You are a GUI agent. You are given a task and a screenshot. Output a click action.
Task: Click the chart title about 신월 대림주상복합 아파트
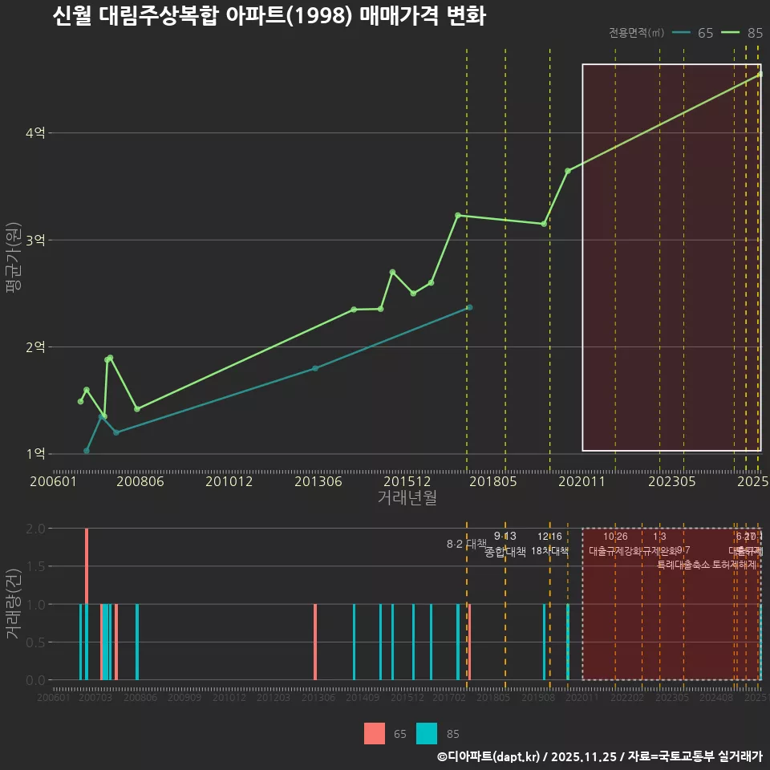[269, 16]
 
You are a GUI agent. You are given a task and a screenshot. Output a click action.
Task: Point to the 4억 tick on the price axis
[35, 133]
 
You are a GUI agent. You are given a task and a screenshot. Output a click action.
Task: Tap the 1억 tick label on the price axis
[35, 454]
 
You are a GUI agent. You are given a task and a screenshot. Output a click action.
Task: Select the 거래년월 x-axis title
[407, 498]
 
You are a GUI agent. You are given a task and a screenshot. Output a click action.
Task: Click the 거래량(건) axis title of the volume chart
[14, 604]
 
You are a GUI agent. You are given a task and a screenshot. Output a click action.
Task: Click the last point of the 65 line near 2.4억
[470, 307]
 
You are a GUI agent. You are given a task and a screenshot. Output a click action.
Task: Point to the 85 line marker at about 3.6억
[568, 171]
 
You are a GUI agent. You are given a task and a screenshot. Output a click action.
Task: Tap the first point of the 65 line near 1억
[87, 451]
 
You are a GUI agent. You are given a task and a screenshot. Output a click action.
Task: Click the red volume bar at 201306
[315, 642]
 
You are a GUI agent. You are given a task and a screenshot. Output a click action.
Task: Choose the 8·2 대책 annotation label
[466, 544]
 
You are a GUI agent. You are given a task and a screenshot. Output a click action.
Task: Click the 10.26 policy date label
[615, 537]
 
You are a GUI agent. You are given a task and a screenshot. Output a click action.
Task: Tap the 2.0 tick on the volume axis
[35, 529]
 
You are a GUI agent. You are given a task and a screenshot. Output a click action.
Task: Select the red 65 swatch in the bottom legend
[375, 734]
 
